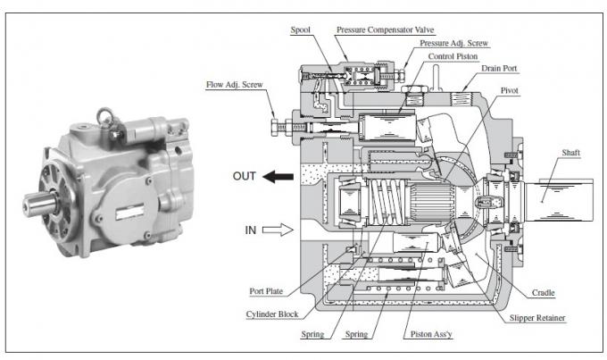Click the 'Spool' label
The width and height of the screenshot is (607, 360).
tap(301, 29)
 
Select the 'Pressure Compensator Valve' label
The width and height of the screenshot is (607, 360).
tap(386, 29)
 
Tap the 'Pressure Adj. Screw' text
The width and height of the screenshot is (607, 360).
tap(453, 43)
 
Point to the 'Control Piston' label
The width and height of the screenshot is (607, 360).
tap(453, 56)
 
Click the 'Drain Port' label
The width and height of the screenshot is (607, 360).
tap(499, 69)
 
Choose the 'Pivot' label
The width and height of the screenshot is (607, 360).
tap(509, 91)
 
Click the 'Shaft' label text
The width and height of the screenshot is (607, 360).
tap(571, 153)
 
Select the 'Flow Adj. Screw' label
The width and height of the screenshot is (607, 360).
tap(234, 85)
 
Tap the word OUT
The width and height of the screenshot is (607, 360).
tap(245, 176)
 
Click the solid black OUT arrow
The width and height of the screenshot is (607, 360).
tap(278, 177)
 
